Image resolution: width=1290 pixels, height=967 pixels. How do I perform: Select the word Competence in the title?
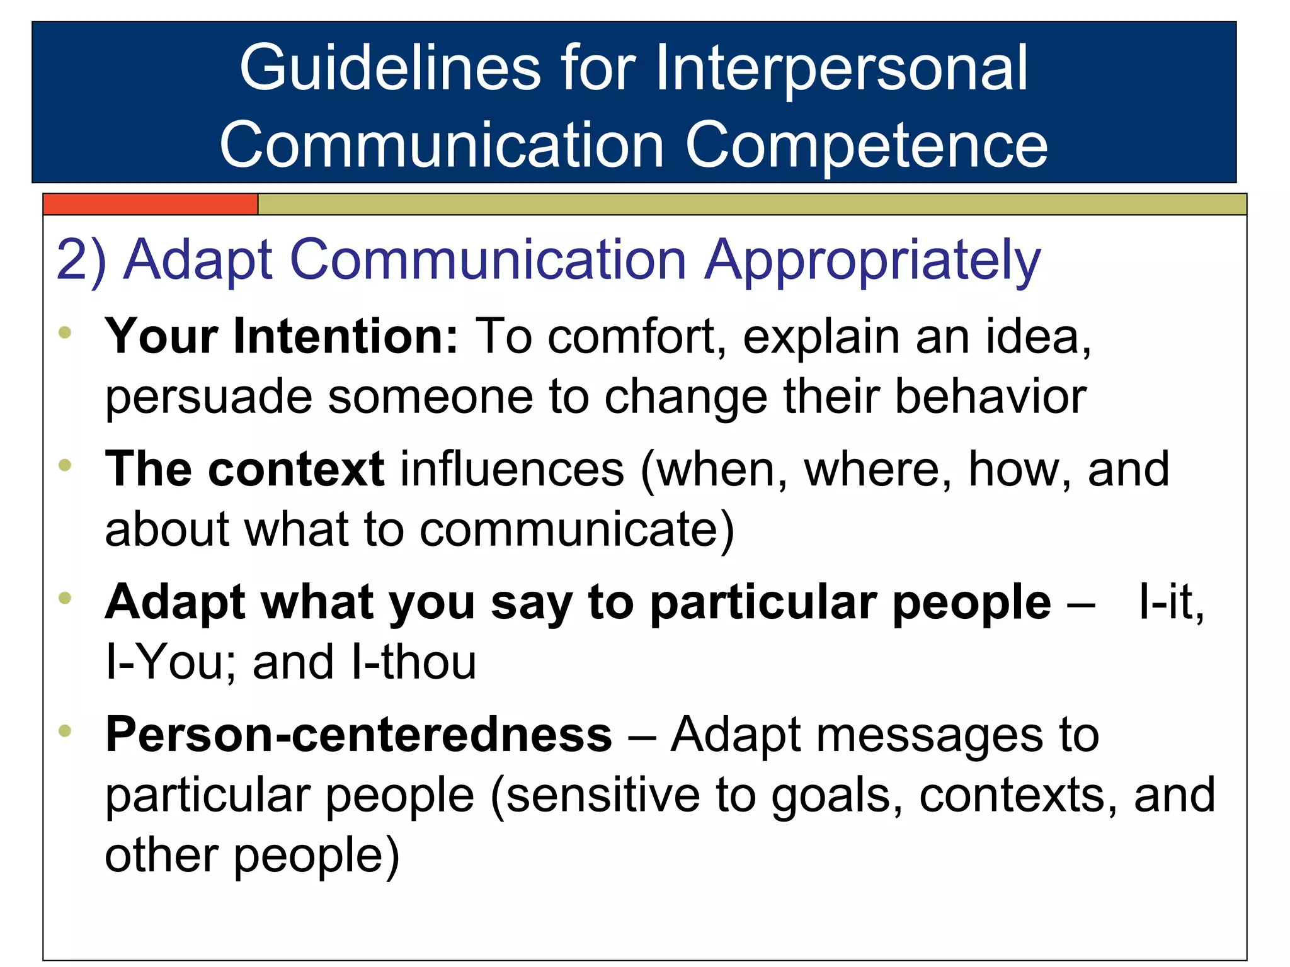(866, 146)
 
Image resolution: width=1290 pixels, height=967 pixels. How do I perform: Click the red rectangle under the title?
(151, 205)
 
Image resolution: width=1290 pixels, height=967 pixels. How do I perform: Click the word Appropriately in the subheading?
(872, 261)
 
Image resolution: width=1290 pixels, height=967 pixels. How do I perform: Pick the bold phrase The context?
(244, 469)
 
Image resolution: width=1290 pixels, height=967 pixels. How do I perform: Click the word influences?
(512, 469)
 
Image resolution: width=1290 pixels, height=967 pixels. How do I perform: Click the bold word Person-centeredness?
(358, 735)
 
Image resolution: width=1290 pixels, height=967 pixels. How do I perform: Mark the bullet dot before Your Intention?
(65, 332)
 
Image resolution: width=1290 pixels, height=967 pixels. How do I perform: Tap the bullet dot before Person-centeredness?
(65, 731)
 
